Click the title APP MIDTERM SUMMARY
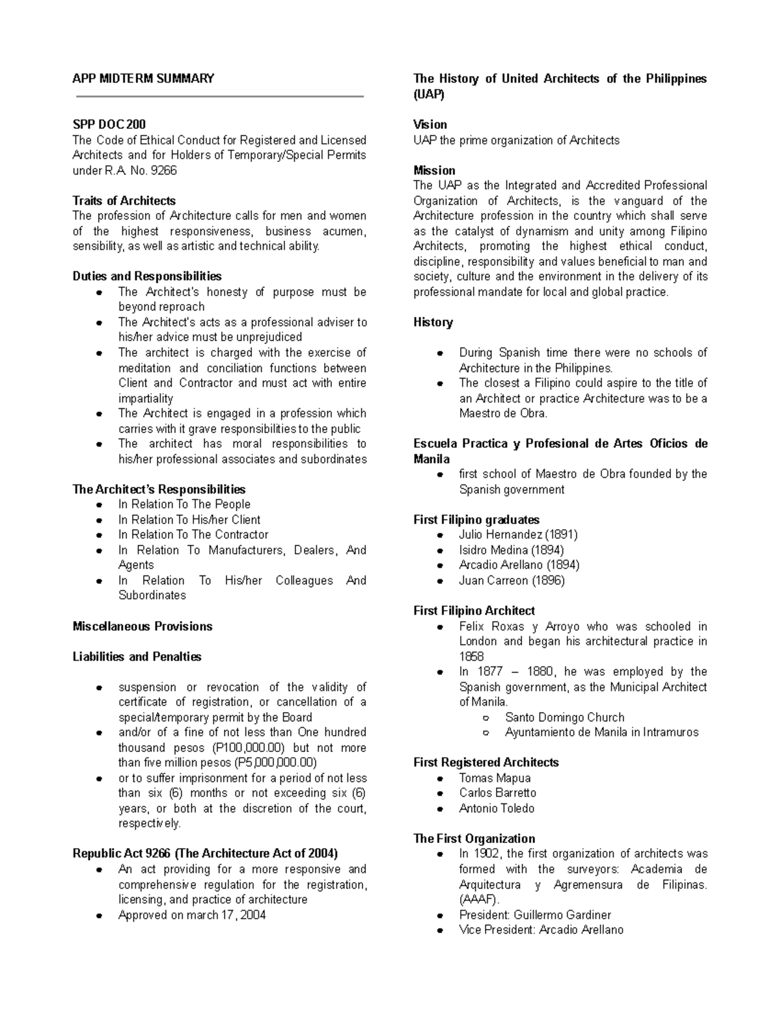[x=143, y=79]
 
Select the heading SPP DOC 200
[x=109, y=124]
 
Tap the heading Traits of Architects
[x=124, y=201]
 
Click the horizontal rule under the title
[x=219, y=97]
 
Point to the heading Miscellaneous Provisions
[x=143, y=626]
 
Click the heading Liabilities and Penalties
[x=137, y=657]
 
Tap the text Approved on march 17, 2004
[x=192, y=915]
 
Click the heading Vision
[x=430, y=124]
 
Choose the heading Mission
[x=434, y=171]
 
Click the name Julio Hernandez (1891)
[x=518, y=534]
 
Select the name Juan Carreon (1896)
[x=512, y=580]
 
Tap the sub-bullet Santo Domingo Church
[x=564, y=717]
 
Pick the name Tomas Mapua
[x=495, y=778]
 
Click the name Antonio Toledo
[x=497, y=809]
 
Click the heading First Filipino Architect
[x=474, y=611]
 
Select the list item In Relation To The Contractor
[x=193, y=534]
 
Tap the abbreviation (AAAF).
[x=479, y=900]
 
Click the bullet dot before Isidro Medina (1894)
[x=441, y=550]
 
